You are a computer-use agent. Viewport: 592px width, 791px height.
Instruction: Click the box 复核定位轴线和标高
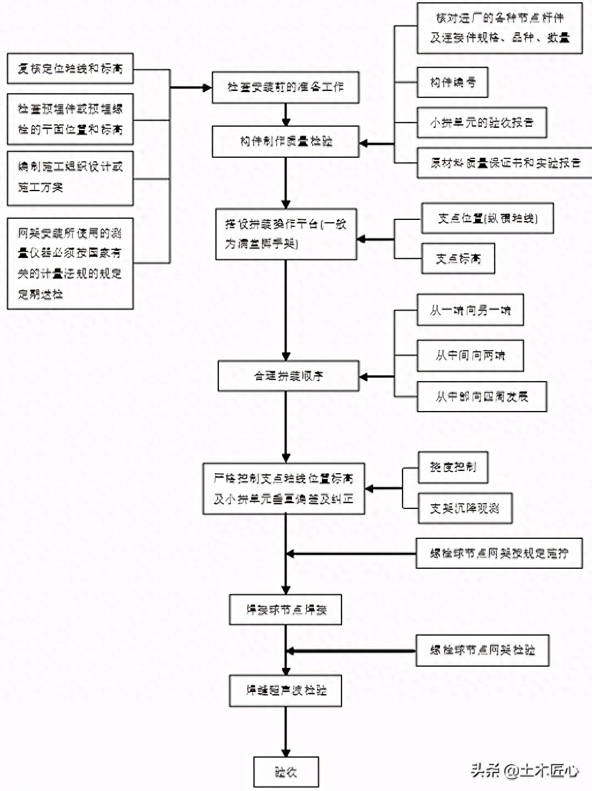tap(70, 69)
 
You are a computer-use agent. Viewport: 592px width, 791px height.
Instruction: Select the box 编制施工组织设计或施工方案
tap(70, 178)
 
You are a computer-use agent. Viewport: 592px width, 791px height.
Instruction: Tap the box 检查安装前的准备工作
tap(286, 88)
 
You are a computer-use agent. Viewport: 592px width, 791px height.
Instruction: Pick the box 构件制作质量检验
tap(286, 142)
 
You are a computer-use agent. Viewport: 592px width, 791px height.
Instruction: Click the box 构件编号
tap(453, 82)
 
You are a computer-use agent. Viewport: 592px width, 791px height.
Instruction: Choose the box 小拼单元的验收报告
tap(481, 123)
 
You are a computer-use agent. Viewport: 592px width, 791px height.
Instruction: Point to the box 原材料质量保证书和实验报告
tap(505, 163)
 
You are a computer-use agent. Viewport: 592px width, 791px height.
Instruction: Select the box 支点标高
tap(458, 258)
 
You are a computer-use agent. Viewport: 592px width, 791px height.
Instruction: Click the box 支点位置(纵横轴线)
tap(487, 218)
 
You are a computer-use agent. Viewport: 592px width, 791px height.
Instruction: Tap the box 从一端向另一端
tap(470, 310)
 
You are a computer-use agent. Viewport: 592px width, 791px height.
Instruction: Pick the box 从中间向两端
tap(470, 356)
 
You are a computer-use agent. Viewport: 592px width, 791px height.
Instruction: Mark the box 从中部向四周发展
tap(481, 397)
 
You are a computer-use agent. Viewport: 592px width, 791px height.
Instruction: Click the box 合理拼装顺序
tap(289, 376)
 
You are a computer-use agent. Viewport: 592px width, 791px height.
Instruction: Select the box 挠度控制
tap(453, 467)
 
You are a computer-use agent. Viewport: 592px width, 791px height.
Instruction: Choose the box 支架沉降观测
tap(464, 508)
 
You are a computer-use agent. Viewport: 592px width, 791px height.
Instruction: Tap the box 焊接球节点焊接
tap(286, 610)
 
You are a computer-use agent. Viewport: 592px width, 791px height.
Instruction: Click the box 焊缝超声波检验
tap(286, 690)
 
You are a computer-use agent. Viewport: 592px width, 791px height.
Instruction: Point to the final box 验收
tap(286, 772)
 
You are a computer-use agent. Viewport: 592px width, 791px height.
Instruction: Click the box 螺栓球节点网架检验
tap(483, 651)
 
